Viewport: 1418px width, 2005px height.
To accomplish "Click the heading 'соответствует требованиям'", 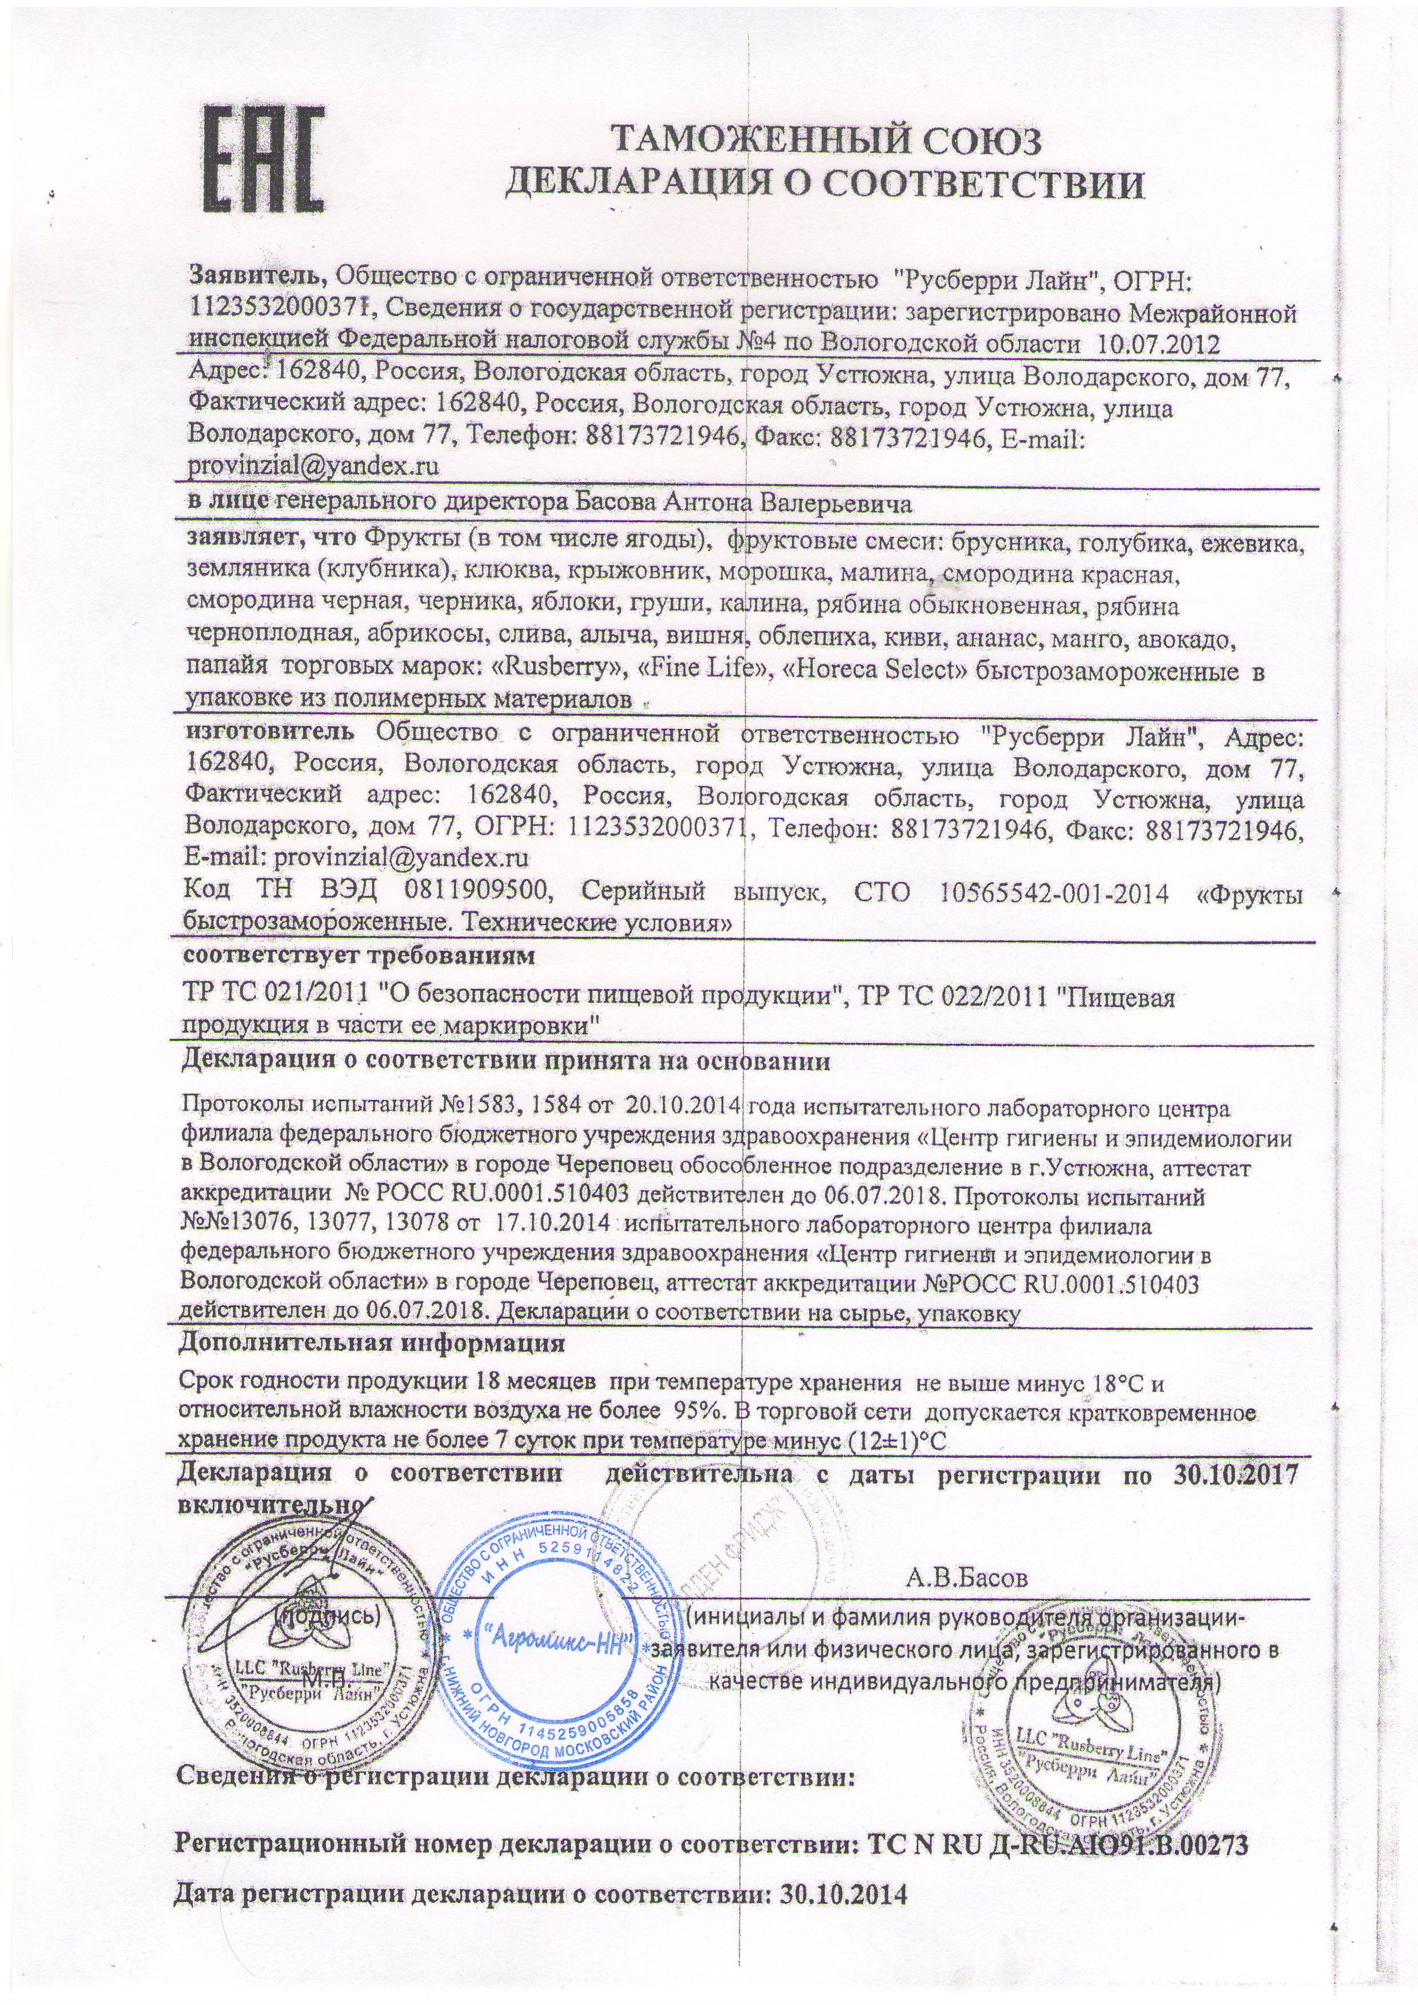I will [357, 956].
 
